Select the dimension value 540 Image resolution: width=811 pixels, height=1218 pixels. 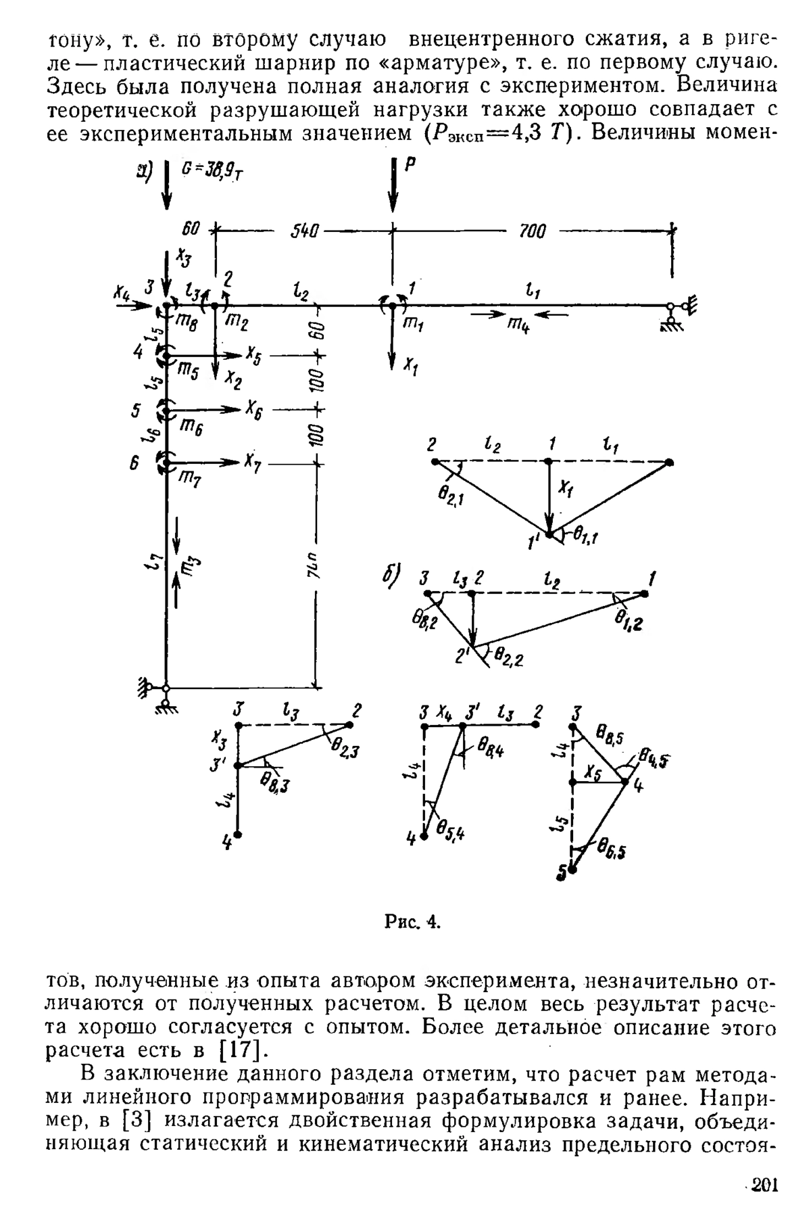[304, 231]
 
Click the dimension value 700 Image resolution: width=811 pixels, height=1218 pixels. [533, 231]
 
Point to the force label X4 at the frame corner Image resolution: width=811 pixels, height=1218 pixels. [122, 292]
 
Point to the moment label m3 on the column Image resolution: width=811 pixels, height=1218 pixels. [192, 563]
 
